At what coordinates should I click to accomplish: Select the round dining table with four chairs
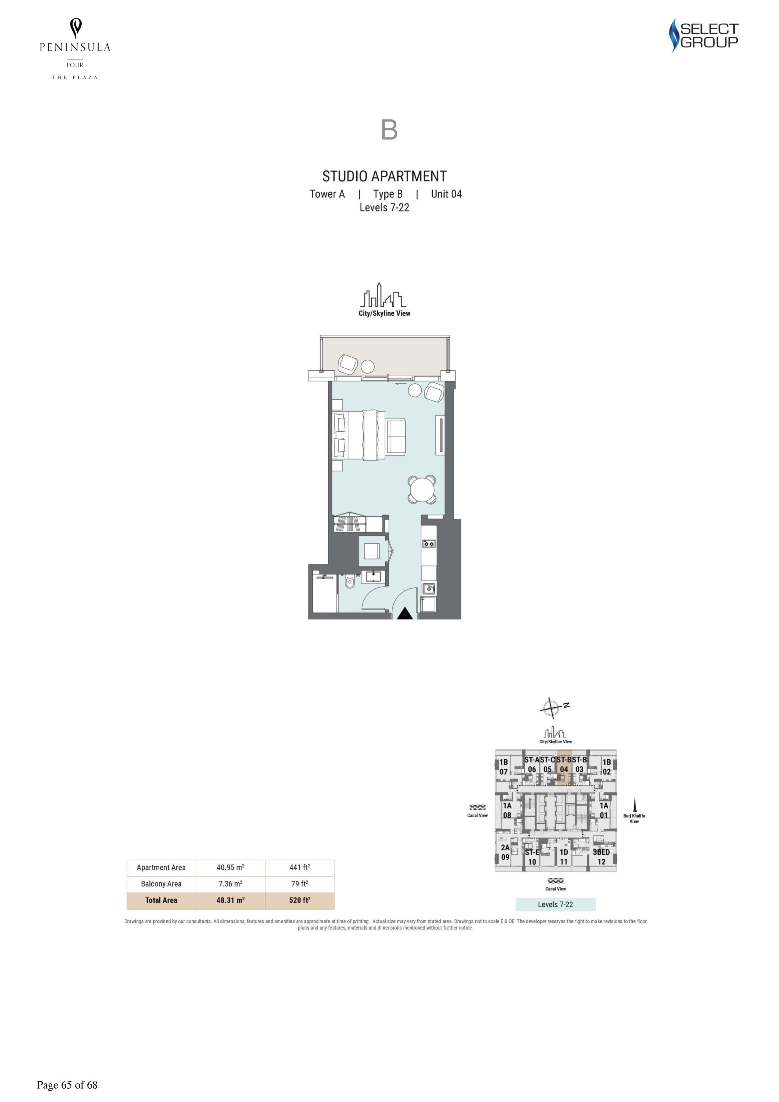pos(422,490)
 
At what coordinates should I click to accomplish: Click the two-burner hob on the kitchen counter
pos(429,544)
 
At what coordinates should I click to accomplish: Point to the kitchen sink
pos(429,589)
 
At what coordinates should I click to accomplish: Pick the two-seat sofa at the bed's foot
pos(396,436)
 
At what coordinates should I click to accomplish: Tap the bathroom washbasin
pos(373,575)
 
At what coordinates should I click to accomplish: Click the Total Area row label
pos(161,901)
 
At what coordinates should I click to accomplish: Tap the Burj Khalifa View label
pos(634,818)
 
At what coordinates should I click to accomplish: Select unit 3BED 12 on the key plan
pos(601,857)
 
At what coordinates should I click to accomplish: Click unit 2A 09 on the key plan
pos(506,853)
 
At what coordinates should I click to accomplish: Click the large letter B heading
pos(389,130)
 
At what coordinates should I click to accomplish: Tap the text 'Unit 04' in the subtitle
pos(446,194)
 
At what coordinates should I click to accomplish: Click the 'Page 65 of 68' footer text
pos(67,1085)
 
